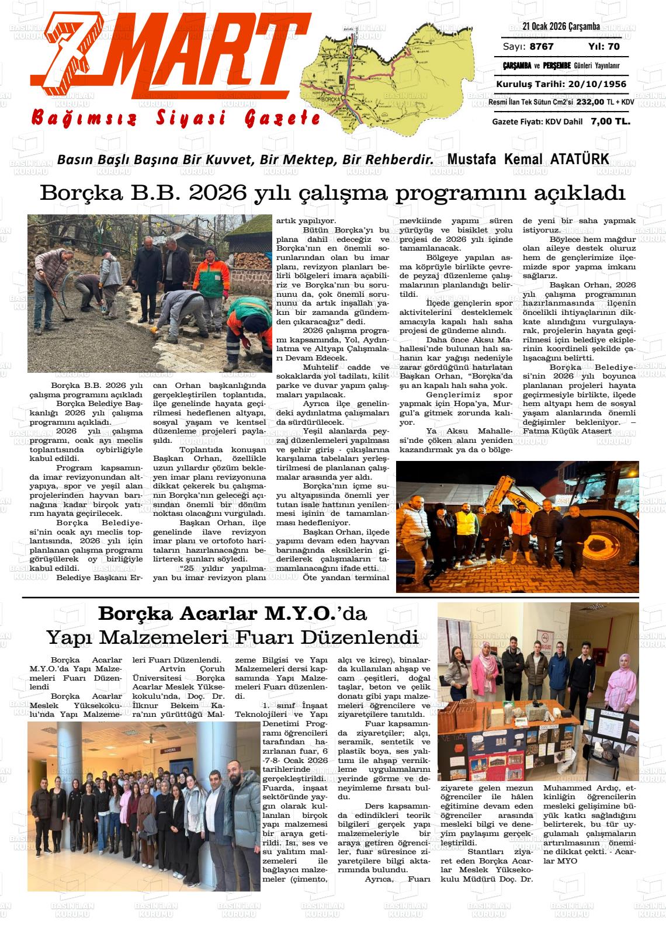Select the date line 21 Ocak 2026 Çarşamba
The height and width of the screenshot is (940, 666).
click(x=561, y=27)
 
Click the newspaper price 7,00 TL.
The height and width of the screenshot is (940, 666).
click(x=610, y=122)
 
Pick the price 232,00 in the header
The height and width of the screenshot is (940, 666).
click(x=589, y=102)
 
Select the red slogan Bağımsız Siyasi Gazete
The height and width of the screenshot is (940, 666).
click(x=175, y=119)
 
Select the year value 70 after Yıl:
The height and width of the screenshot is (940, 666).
click(x=613, y=47)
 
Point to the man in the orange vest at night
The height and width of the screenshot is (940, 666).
click(x=466, y=532)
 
